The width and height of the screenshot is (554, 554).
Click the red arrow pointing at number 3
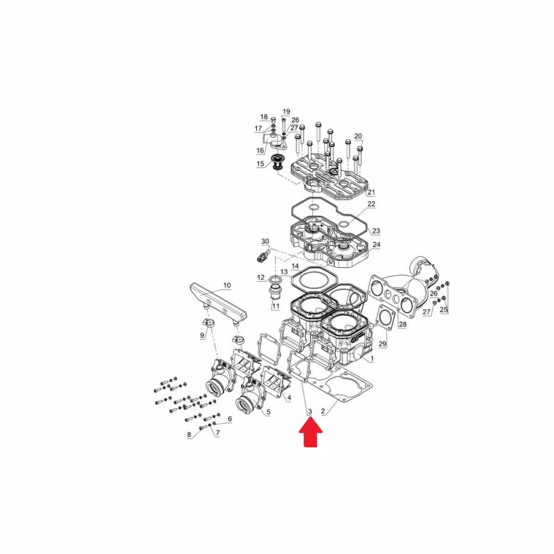click(x=310, y=431)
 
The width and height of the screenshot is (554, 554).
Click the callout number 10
click(x=227, y=285)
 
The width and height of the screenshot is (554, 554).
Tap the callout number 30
click(x=265, y=241)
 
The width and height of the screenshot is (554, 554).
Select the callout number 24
click(x=376, y=244)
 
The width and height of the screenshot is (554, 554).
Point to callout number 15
click(x=260, y=163)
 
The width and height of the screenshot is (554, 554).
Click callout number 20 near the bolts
click(x=358, y=136)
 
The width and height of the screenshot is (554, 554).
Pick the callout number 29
click(x=383, y=343)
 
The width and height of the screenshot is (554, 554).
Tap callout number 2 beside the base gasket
click(x=323, y=411)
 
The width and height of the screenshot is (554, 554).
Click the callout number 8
click(x=189, y=435)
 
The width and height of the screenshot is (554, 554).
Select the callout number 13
click(x=284, y=271)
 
